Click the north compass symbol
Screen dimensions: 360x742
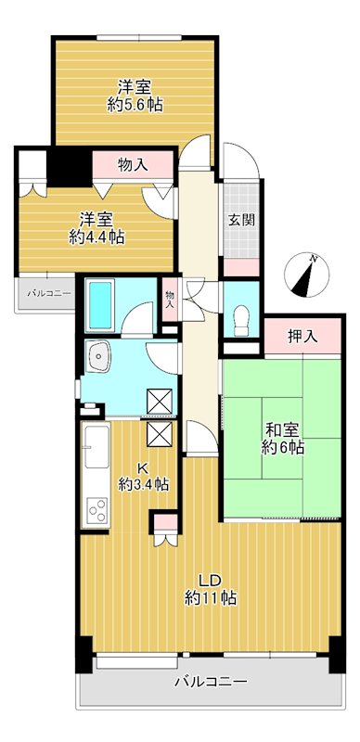point(307,275)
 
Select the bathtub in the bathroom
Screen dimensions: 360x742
point(100,305)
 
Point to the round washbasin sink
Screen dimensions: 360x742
point(99,355)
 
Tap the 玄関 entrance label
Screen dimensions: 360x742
point(241,220)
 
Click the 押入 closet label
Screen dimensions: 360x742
point(302,337)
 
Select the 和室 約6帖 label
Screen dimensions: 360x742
point(283,439)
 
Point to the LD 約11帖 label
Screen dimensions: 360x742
point(211,589)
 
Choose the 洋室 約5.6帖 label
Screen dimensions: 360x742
point(135,96)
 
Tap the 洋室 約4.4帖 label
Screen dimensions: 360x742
point(96,228)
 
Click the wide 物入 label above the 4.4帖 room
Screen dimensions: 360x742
point(133,165)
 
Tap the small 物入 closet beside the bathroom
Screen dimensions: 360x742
point(170,300)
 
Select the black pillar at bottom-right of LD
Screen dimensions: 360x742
point(337,654)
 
